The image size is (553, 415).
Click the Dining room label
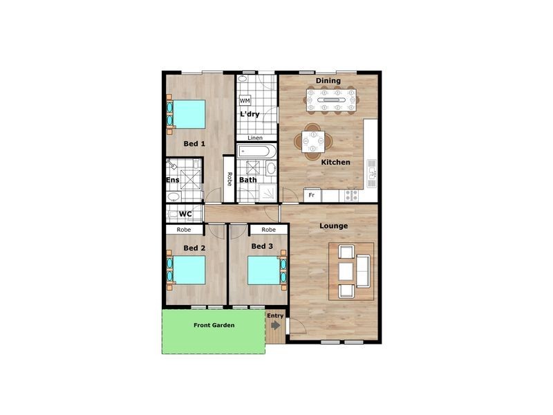tap(328, 81)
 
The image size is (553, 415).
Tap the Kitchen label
tap(335, 163)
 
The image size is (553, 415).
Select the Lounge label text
tap(333, 226)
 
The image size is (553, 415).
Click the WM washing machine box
tap(245, 101)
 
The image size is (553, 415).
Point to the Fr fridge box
tap(312, 196)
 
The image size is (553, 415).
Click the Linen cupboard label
tap(255, 138)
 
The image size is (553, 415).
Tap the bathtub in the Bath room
tap(256, 151)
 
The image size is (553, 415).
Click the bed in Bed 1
tap(189, 114)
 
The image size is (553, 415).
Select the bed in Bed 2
tap(189, 270)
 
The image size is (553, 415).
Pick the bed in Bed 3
tap(263, 270)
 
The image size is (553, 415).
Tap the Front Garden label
tap(214, 325)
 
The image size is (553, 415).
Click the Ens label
tap(172, 181)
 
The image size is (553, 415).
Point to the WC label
tap(185, 214)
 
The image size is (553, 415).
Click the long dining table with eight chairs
tap(332, 100)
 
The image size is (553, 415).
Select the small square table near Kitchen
tap(313, 141)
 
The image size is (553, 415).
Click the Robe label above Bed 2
tap(184, 230)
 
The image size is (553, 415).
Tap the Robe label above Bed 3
tap(268, 230)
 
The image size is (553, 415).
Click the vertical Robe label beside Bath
tap(228, 179)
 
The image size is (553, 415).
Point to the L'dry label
tap(250, 114)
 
